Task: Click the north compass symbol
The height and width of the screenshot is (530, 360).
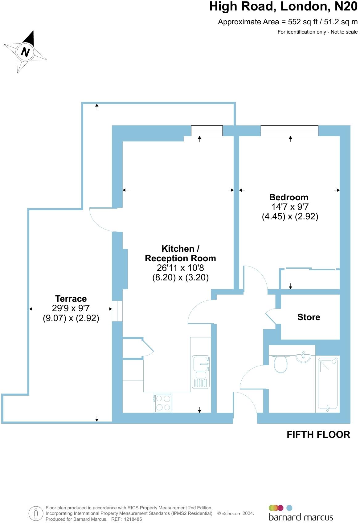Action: click(x=25, y=52)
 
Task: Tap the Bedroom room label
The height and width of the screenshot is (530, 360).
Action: click(x=288, y=197)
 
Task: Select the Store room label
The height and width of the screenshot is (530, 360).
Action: click(x=309, y=317)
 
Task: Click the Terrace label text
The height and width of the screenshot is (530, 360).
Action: click(x=71, y=299)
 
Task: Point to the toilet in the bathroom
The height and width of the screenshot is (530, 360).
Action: click(x=280, y=364)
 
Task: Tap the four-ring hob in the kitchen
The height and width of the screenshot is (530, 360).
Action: click(x=162, y=403)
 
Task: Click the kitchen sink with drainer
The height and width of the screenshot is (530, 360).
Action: click(x=201, y=371)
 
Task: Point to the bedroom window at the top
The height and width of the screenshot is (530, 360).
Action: click(x=289, y=131)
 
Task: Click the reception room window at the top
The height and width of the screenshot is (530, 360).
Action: click(x=207, y=131)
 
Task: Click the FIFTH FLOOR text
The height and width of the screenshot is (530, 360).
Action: click(x=318, y=435)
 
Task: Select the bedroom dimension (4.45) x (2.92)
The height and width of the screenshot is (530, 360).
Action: click(x=290, y=216)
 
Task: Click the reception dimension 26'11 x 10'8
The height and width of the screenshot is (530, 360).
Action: click(x=180, y=268)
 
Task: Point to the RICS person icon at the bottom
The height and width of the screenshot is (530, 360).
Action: click(x=36, y=514)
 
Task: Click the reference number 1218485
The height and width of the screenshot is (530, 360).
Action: click(x=133, y=519)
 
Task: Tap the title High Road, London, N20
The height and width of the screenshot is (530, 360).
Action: click(x=283, y=6)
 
